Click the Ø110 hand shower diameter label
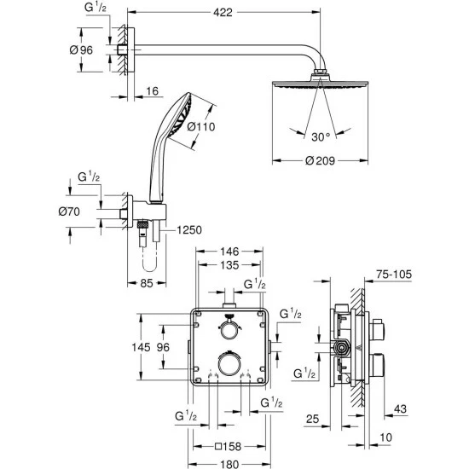coord(202,128)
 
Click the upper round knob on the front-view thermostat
coord(229,328)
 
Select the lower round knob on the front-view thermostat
coord(229,364)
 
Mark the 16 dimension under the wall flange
coord(151,90)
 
